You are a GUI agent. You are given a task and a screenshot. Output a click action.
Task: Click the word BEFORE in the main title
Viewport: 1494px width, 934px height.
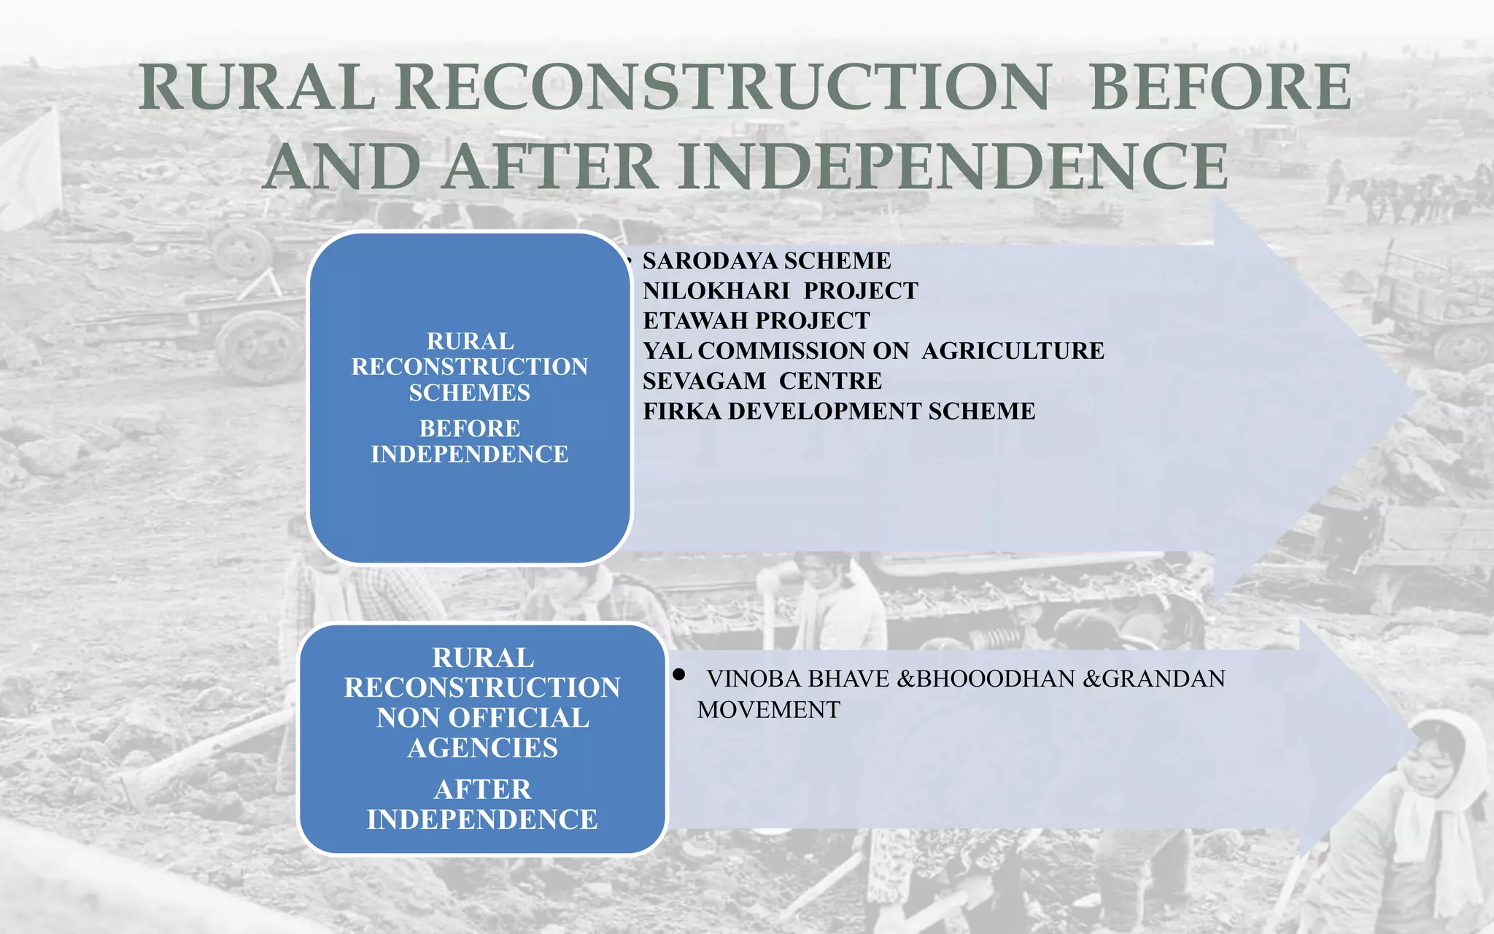point(1220,88)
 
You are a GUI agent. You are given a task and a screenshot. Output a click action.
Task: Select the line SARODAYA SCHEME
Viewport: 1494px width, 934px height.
point(767,260)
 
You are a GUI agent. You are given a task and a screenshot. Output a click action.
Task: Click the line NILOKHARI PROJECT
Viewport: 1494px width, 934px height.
point(780,291)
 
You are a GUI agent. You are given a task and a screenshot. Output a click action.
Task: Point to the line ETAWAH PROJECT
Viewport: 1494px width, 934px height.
point(756,321)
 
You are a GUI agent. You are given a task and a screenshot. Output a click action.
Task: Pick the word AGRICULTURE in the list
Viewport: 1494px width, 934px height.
point(1013,351)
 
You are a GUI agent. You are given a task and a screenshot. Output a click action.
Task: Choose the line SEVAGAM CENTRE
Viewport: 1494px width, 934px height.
point(762,381)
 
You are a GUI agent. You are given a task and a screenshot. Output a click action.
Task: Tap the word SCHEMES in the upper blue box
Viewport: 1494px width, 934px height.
point(469,393)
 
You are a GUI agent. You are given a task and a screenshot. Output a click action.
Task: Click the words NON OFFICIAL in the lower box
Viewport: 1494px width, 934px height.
point(482,718)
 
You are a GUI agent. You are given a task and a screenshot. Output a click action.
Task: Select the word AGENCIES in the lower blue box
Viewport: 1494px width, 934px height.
point(482,748)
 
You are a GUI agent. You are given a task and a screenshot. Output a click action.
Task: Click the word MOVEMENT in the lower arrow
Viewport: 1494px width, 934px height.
point(768,710)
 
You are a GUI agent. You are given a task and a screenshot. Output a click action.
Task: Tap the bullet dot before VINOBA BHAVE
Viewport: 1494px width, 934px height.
point(679,675)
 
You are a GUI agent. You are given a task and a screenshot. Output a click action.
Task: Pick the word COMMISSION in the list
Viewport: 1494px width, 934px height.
point(803,351)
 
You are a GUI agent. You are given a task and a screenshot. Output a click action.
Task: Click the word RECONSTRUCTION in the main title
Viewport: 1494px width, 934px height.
point(723,88)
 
